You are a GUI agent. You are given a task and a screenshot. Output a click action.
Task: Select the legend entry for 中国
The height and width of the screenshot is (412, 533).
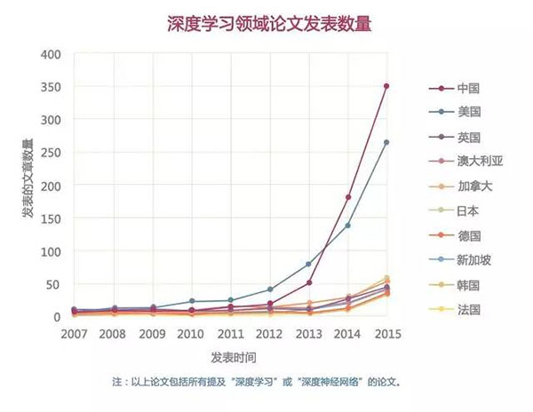[x=468, y=88]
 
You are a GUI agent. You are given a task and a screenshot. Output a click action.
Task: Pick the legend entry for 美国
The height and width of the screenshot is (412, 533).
[x=468, y=113]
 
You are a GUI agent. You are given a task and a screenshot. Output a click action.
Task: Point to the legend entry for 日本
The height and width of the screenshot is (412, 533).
[x=468, y=212]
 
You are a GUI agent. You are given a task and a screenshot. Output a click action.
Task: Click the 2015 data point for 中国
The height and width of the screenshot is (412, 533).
[x=386, y=86]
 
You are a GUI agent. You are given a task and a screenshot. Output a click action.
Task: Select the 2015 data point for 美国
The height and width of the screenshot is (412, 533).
[x=386, y=142]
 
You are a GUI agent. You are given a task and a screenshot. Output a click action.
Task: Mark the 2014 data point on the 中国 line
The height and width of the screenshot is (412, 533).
[x=348, y=197]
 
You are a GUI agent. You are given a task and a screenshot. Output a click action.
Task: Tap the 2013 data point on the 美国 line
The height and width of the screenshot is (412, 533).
[x=309, y=265]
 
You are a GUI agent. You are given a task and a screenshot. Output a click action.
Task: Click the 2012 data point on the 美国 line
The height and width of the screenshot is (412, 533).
[x=269, y=289]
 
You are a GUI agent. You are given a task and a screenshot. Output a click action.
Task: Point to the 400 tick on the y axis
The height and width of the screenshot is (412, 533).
[x=51, y=54]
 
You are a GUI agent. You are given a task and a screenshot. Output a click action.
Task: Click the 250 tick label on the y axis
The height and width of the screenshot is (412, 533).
[x=51, y=153]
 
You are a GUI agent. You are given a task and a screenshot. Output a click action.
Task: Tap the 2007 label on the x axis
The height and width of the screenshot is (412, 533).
[x=74, y=335]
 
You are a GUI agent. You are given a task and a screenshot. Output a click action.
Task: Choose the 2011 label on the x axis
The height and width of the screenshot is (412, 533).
[x=230, y=335]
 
